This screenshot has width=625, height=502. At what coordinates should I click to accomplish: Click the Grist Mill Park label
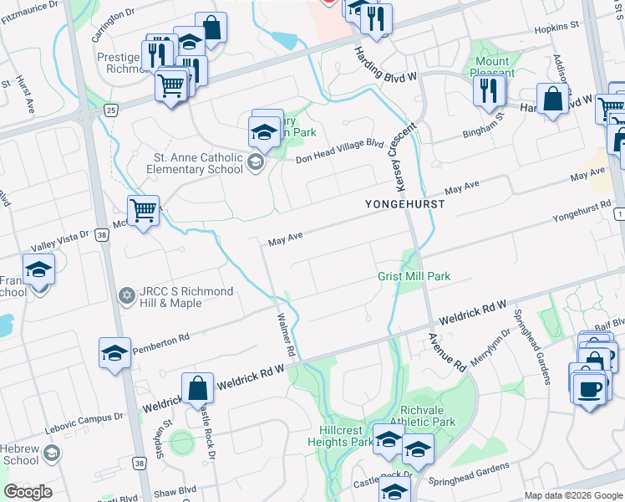coord(414,276)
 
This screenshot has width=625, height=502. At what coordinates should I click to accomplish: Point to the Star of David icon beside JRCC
coord(127,295)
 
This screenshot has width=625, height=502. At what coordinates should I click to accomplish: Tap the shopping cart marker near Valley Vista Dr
coord(144,212)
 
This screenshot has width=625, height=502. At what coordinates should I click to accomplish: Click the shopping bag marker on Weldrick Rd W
coord(198,390)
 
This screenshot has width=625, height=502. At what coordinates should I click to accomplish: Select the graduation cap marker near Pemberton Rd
coord(114,354)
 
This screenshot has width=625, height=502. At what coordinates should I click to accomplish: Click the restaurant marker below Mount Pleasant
coord(490,90)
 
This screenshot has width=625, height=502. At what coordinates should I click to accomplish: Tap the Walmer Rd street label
coord(287,332)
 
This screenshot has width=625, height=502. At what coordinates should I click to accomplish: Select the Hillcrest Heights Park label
coord(339,436)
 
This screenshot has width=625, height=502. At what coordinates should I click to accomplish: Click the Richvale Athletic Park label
coord(428,417)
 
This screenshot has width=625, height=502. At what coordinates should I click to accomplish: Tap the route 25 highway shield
coord(110,109)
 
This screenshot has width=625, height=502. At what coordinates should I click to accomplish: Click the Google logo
coord(28,492)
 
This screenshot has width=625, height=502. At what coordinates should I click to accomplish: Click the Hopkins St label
coord(556,28)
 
